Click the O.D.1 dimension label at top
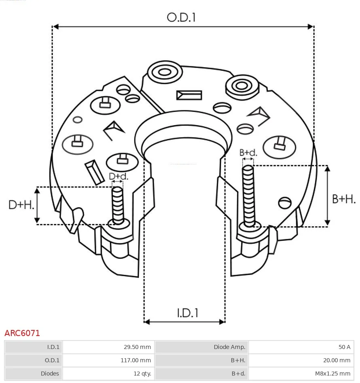181,17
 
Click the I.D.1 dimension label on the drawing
188,313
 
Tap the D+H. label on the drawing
21,205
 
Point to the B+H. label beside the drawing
343,199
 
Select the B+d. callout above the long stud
248,153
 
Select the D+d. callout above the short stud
119,176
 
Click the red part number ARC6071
22,333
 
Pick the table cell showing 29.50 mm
108,347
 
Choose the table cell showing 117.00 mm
108,360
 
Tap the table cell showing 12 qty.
108,373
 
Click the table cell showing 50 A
301,347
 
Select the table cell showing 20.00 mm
301,360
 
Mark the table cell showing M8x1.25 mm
301,373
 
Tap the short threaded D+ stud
118,204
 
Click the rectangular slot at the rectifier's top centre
189,95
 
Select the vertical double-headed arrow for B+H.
328,196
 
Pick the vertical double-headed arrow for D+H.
38,205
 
